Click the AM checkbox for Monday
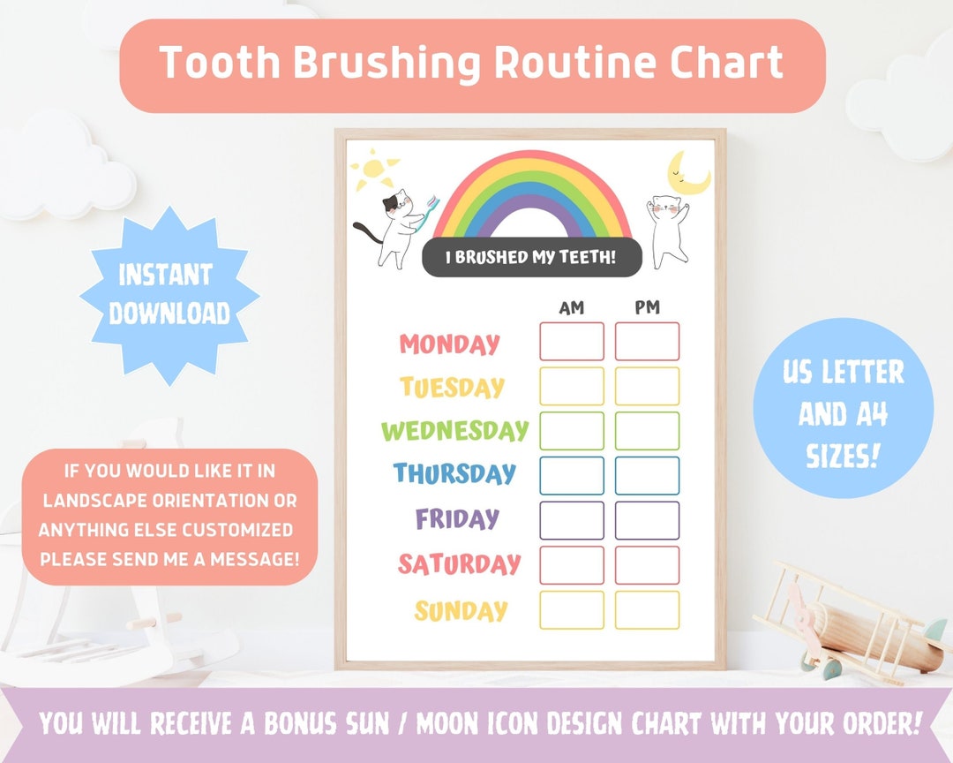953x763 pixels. (572, 342)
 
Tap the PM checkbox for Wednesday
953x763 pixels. (647, 431)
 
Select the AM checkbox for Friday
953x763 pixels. (572, 520)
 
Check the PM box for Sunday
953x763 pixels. (647, 610)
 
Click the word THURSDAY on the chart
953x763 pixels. (454, 473)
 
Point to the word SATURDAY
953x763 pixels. (459, 563)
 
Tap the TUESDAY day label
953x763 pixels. (452, 387)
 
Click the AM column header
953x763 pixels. (572, 308)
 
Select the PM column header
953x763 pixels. (647, 308)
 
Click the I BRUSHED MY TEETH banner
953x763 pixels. (529, 258)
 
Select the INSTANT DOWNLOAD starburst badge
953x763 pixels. (169, 295)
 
